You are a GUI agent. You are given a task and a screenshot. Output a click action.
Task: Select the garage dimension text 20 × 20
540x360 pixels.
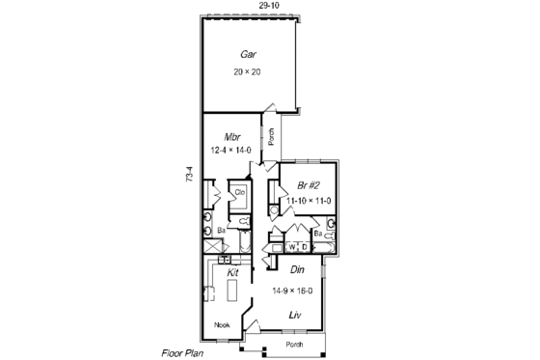pyautogui.click(x=248, y=72)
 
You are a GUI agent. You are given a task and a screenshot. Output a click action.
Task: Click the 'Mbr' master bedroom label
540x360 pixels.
pyautogui.click(x=232, y=136)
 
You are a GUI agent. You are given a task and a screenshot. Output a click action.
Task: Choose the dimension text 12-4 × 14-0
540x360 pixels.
pyautogui.click(x=231, y=151)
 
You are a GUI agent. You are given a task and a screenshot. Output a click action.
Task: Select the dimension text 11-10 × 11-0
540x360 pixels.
pyautogui.click(x=309, y=201)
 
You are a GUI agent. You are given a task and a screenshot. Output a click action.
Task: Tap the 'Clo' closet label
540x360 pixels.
pyautogui.click(x=241, y=192)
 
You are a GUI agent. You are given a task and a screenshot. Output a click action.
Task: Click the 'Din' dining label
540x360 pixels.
pyautogui.click(x=298, y=271)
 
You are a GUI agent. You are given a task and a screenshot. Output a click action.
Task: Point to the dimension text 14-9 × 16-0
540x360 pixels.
pyautogui.click(x=297, y=290)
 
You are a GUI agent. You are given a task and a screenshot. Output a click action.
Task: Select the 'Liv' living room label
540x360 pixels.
pyautogui.click(x=298, y=315)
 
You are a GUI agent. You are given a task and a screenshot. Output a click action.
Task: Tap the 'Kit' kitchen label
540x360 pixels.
pyautogui.click(x=232, y=273)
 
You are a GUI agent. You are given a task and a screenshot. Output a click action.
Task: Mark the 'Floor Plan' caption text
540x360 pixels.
pyautogui.click(x=181, y=353)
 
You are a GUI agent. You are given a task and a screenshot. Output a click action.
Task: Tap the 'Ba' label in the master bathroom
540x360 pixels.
pyautogui.click(x=221, y=232)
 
